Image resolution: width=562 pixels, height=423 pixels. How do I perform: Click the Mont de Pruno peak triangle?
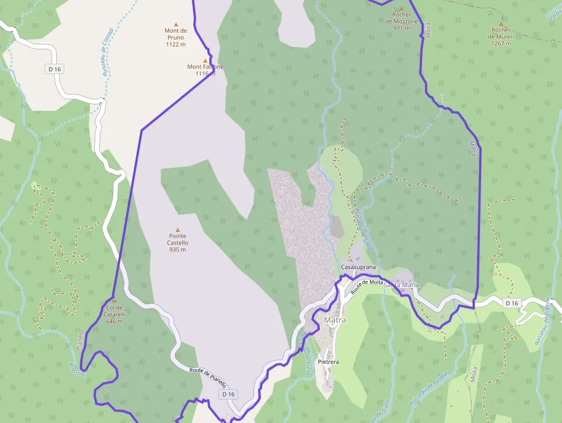point(176,24)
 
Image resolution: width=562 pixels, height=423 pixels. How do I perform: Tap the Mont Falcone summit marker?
point(205,60)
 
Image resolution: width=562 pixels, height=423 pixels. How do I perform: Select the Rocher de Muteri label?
point(501,33)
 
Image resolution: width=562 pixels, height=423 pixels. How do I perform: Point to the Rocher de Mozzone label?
point(405,18)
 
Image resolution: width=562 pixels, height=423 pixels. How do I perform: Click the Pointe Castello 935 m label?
point(178,243)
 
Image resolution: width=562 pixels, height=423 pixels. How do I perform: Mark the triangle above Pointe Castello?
point(178,230)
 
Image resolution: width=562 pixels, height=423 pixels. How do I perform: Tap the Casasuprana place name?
point(358,267)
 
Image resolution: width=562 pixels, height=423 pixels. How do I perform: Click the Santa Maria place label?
point(401,285)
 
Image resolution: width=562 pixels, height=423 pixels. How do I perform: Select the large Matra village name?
point(335,320)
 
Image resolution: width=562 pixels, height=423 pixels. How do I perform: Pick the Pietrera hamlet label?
point(329,362)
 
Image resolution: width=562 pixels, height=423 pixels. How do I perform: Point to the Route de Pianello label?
point(208,378)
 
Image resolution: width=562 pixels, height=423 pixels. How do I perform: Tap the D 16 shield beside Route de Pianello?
point(228,394)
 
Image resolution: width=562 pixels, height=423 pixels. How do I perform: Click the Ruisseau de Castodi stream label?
point(107,53)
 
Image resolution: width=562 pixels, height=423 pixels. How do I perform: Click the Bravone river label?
point(77,370)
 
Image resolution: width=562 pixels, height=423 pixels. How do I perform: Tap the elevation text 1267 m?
point(501,44)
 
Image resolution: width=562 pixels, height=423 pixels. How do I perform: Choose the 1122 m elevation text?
point(175,44)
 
